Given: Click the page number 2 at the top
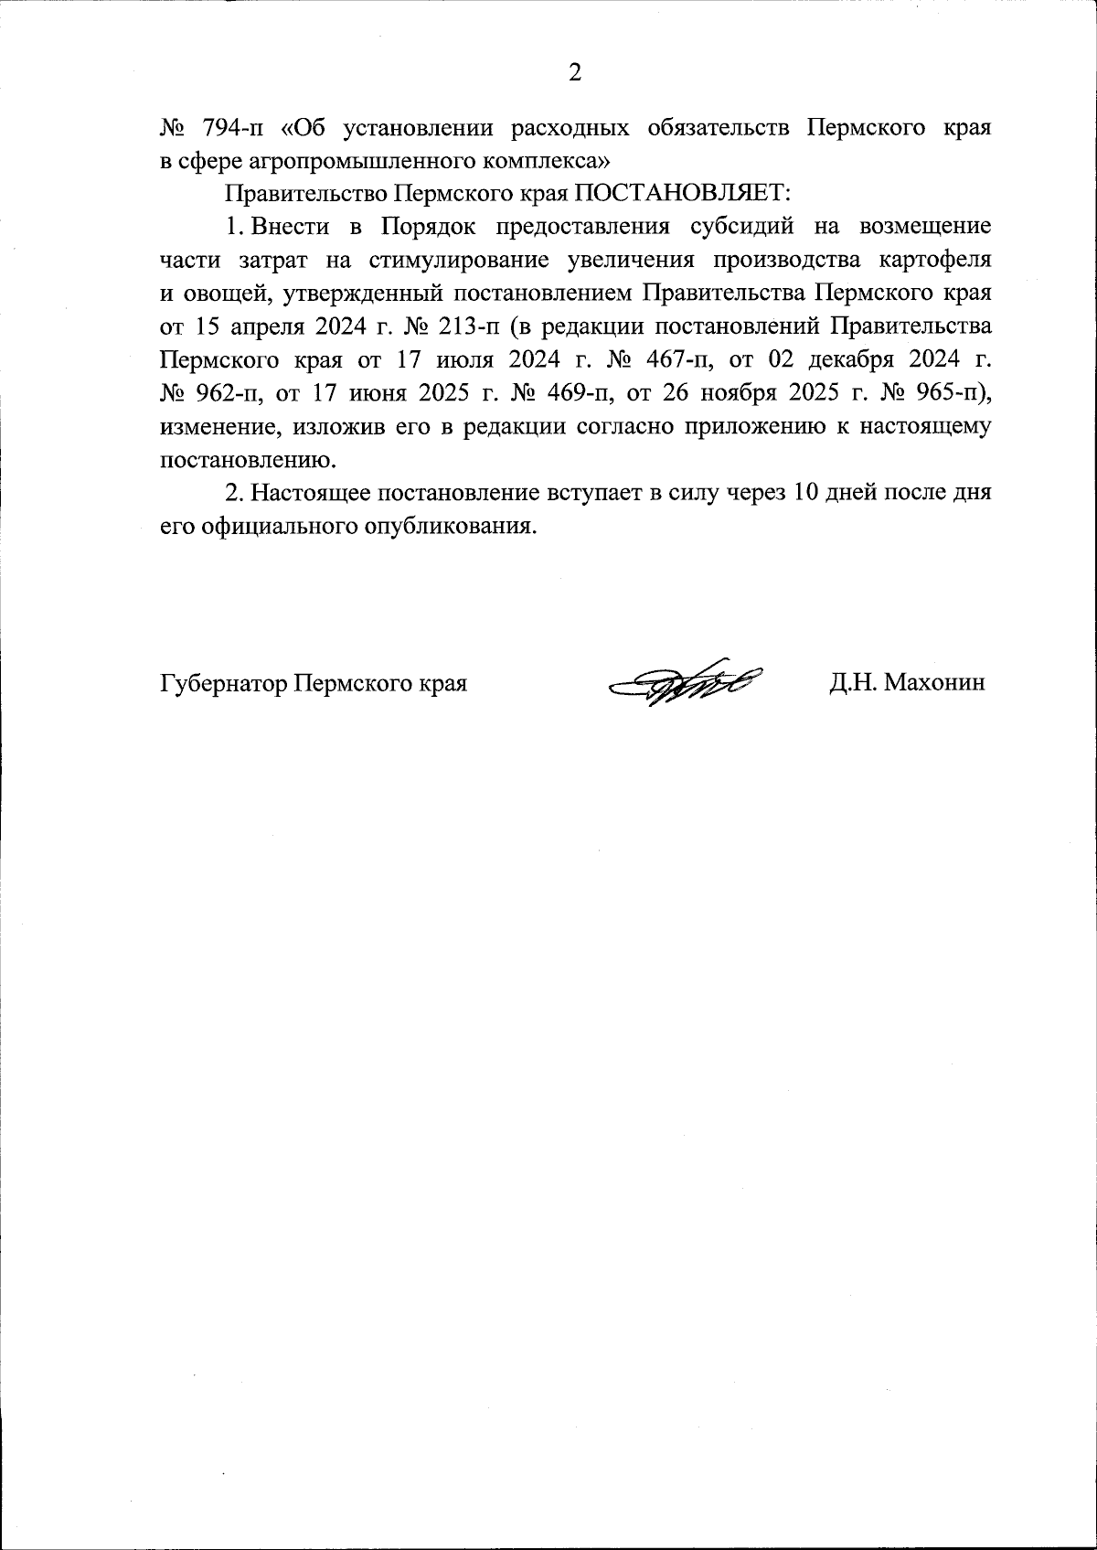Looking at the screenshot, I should pyautogui.click(x=574, y=73).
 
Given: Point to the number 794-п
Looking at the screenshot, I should pyautogui.click(x=231, y=127).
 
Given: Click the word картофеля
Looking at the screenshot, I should pyautogui.click(x=935, y=261).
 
